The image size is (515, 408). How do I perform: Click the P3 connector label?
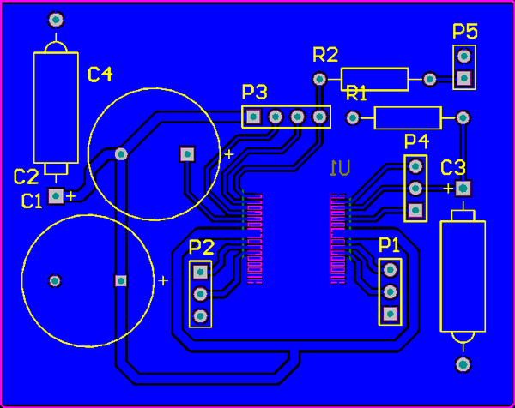[x=254, y=92]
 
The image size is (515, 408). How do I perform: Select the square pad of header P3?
[x=252, y=116]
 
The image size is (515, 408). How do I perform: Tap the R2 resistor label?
[x=325, y=56]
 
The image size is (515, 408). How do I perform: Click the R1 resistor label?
[x=356, y=93]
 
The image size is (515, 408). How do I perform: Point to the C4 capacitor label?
[x=100, y=75]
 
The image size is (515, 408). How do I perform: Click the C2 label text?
[x=26, y=177]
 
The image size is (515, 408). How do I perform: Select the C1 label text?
[x=32, y=201]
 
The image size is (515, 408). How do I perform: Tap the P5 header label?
[x=465, y=32]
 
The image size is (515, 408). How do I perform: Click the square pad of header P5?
[x=464, y=79]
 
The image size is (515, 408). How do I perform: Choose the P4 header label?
[x=416, y=141]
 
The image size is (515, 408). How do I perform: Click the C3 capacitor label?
[x=453, y=167]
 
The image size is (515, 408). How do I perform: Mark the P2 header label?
[x=201, y=247]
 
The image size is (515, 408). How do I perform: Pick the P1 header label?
[x=390, y=245]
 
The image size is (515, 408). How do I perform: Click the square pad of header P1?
[x=390, y=314]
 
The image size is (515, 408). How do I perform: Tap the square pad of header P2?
[x=201, y=272]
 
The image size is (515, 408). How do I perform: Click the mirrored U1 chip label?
[x=340, y=167]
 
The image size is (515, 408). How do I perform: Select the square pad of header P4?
[x=416, y=210]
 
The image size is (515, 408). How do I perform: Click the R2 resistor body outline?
[x=374, y=79]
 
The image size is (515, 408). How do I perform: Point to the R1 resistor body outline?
[x=408, y=117]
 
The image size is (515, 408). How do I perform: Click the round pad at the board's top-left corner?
[x=57, y=19]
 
